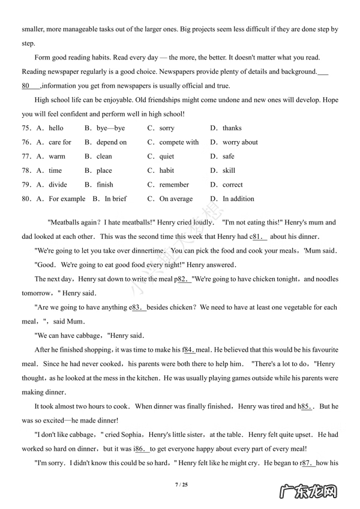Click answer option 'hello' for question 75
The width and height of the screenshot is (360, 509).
point(56,128)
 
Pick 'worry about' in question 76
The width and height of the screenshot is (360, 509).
point(240,142)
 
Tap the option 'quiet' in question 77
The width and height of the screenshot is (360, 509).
point(167,156)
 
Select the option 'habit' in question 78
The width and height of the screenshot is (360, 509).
point(167,170)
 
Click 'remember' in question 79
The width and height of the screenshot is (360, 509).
point(174,184)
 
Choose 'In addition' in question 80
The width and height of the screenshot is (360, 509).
point(238,199)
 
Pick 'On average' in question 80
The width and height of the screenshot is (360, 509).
point(176,199)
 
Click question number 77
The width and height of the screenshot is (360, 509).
point(26,156)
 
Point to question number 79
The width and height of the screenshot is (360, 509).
point(26,184)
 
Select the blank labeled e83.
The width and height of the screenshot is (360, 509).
point(137,307)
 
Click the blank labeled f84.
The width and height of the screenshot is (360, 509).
point(190,349)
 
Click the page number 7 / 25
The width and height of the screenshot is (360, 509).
point(180,484)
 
